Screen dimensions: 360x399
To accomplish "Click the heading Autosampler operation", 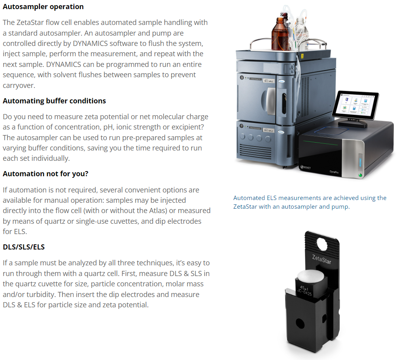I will tap(43, 7).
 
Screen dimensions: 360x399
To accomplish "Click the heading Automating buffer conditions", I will tap(54, 101).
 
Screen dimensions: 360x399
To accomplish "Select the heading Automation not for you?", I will tap(46, 174).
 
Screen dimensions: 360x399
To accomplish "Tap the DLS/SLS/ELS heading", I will tap(24, 247).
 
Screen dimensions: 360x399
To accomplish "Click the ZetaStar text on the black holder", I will tap(322, 259).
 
